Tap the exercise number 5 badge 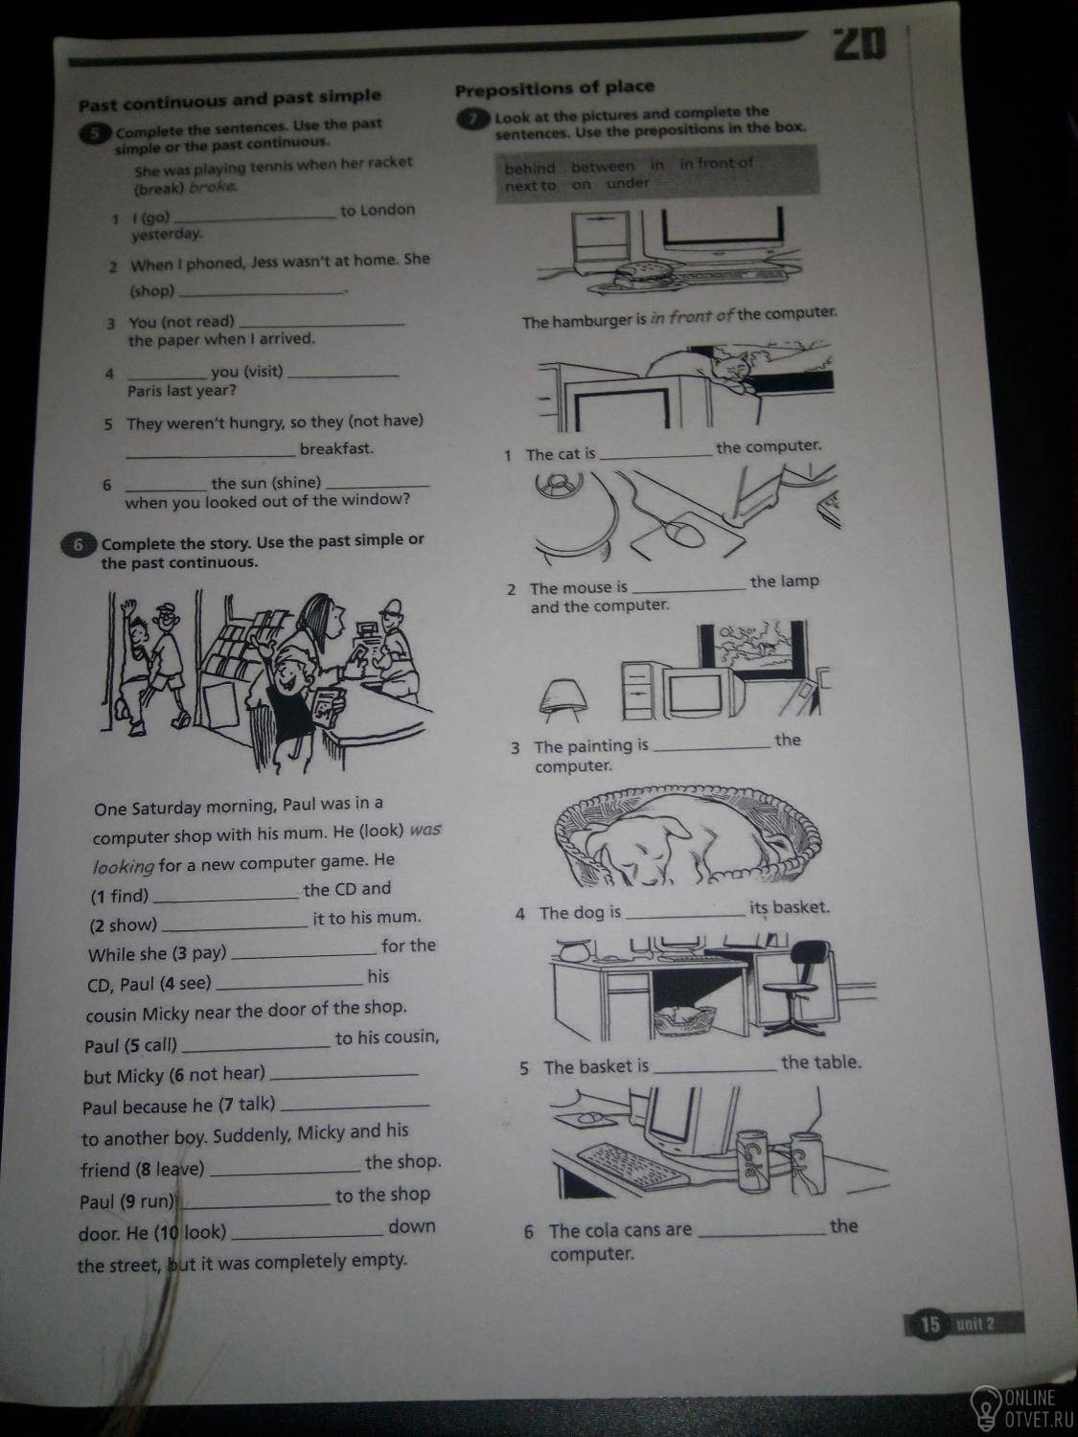94,133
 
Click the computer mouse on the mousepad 682,533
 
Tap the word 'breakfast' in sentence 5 336,449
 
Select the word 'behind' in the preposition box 530,169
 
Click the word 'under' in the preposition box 627,183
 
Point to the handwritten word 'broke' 212,187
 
